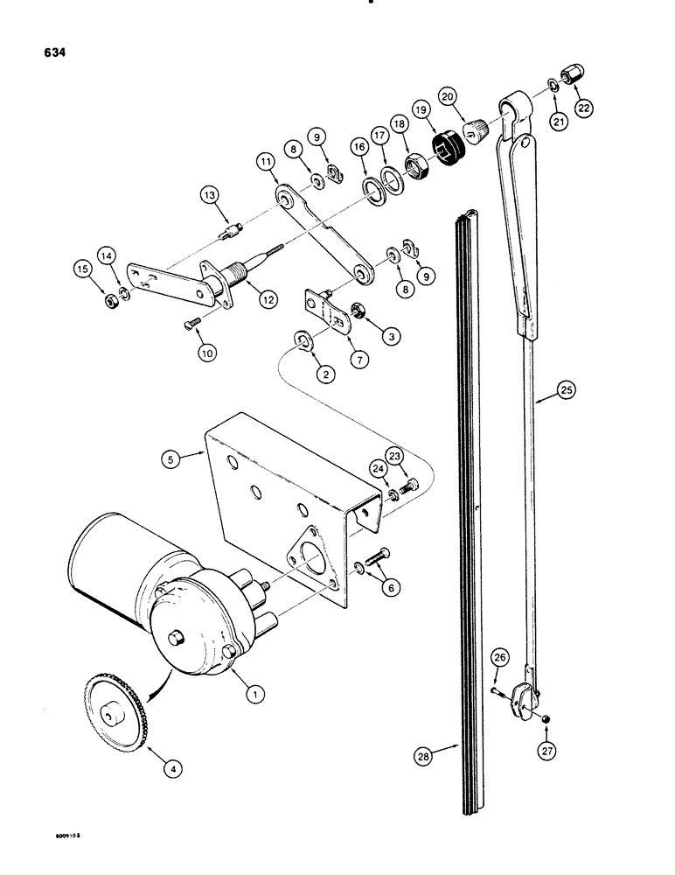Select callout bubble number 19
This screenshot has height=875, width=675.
click(x=448, y=112)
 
